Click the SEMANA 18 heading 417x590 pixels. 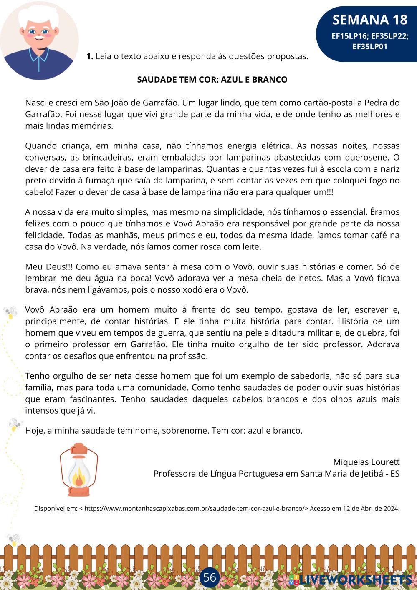coord(369,20)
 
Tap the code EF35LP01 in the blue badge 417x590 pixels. coord(369,47)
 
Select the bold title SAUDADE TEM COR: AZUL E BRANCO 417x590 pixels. coord(212,80)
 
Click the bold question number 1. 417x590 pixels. coord(89,56)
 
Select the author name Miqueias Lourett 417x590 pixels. coord(366,462)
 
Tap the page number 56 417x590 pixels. coord(210,577)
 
